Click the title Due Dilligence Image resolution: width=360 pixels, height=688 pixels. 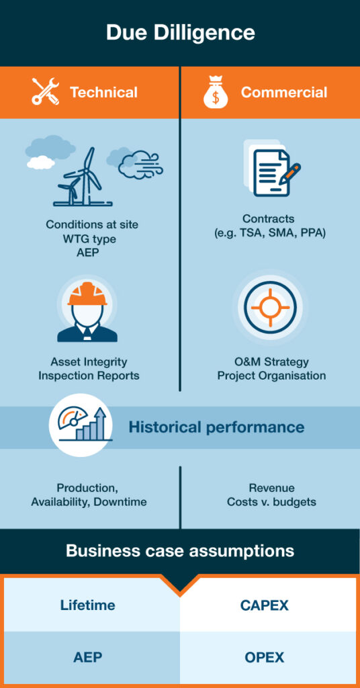click(x=180, y=34)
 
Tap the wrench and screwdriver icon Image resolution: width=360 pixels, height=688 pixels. click(x=45, y=91)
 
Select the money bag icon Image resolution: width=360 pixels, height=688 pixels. click(x=216, y=91)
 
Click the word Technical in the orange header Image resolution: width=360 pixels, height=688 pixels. click(x=103, y=92)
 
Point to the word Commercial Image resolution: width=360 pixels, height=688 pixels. click(x=283, y=92)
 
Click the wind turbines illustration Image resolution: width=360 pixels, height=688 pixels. click(x=83, y=177)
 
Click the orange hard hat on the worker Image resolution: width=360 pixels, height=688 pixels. click(x=87, y=294)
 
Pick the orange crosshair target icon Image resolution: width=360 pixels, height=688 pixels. click(x=270, y=306)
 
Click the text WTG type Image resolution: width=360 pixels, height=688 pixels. click(x=91, y=239)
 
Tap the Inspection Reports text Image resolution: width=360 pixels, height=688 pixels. click(x=89, y=376)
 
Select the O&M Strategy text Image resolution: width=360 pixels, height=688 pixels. click(x=271, y=362)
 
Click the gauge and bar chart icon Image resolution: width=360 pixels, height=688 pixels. click(x=81, y=425)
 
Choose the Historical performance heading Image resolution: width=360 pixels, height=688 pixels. click(x=216, y=427)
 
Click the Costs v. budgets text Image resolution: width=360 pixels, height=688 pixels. click(x=271, y=502)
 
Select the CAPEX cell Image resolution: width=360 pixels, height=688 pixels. click(x=268, y=605)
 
